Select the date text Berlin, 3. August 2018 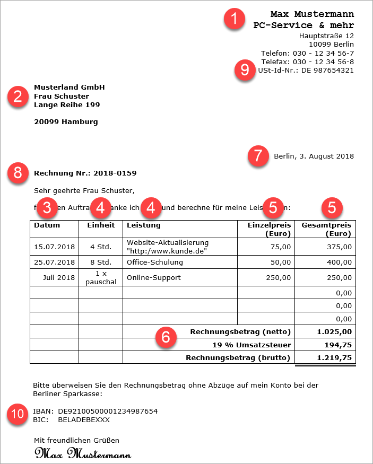coord(314,156)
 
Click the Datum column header coord(47,225)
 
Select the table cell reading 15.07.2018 coord(54,247)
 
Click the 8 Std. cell coord(100,262)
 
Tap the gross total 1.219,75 coord(334,358)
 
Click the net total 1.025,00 coord(334,332)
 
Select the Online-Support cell coord(154,278)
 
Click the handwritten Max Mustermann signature coord(83,454)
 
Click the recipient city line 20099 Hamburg coord(66,122)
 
